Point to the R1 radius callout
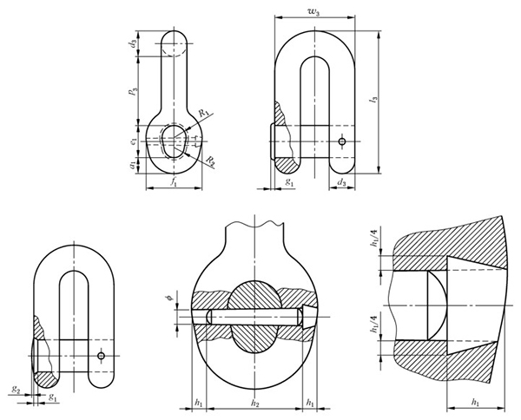[201, 114]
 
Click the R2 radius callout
[211, 161]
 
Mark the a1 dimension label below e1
[131, 162]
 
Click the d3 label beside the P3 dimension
[131, 43]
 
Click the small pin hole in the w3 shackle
[343, 141]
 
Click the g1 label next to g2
[54, 397]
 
